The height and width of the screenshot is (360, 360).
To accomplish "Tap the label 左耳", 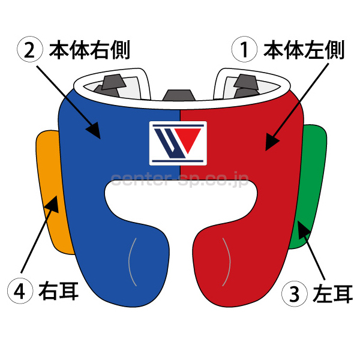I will pyautogui.click(x=333, y=294).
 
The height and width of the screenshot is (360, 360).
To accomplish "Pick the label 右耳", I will pyautogui.click(x=58, y=292).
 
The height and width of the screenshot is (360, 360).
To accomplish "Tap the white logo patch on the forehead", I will pyautogui.click(x=178, y=143).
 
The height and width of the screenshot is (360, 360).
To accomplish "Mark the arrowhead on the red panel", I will pyautogui.click(x=271, y=142).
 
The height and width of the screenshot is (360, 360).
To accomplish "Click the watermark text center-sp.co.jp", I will pyautogui.click(x=180, y=178).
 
